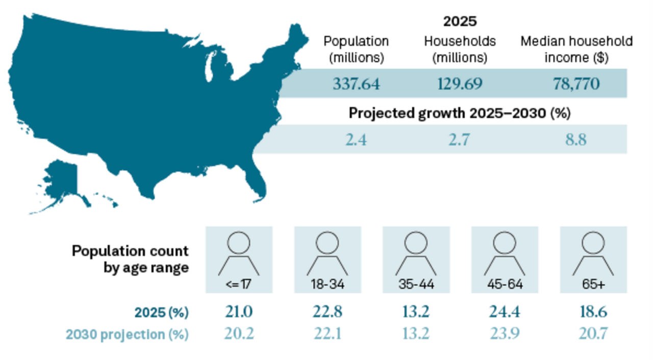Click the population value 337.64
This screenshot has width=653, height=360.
[356, 84]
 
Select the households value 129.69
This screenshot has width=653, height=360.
[460, 84]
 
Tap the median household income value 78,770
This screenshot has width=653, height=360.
[576, 84]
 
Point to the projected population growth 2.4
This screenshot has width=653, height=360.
[356, 139]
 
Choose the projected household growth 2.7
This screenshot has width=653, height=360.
[459, 139]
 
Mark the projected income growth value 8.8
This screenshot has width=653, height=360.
[576, 139]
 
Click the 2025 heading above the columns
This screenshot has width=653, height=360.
[460, 21]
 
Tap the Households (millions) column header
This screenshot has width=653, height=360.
[460, 49]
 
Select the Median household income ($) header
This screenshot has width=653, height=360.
[576, 49]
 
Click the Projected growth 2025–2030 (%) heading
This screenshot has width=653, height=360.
[459, 113]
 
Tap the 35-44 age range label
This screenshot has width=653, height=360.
[416, 285]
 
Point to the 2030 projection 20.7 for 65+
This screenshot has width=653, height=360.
[593, 334]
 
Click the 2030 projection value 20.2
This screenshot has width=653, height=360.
[239, 334]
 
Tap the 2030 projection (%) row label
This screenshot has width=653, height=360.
[127, 335]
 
